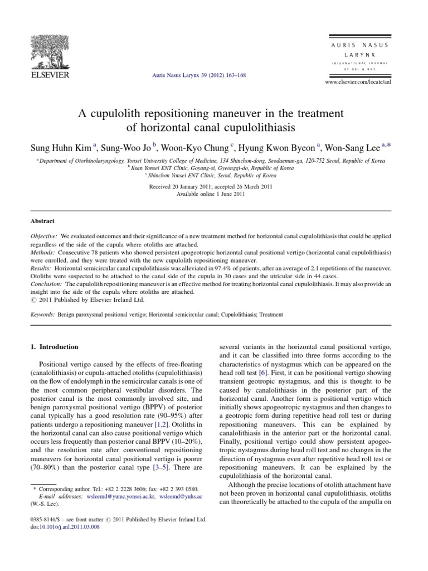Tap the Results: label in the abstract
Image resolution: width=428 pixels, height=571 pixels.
coord(42,268)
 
